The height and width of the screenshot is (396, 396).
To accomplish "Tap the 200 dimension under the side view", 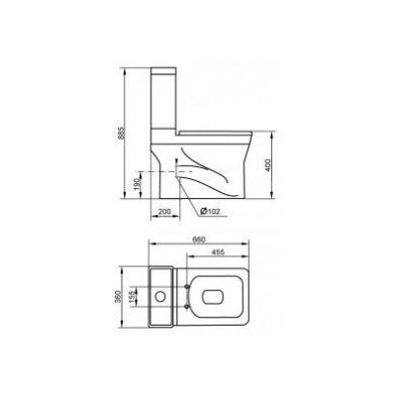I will click(164, 212).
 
